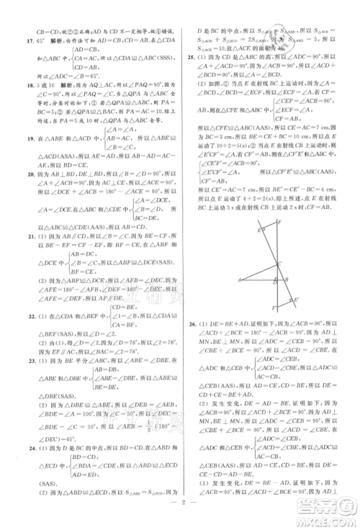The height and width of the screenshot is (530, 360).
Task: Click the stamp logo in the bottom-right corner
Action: coord(328,507)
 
